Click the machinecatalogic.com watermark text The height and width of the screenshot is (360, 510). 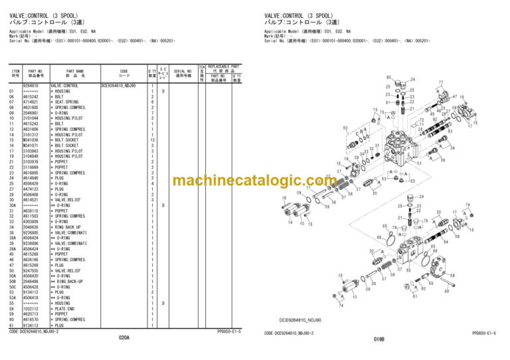[x=254, y=181]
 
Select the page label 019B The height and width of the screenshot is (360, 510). [x=379, y=339]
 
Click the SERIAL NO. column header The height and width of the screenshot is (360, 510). [x=183, y=73]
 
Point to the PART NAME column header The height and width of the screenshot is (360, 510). [x=75, y=73]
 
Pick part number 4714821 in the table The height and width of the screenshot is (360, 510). [x=31, y=102]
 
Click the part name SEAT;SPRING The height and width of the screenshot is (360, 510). [x=68, y=102]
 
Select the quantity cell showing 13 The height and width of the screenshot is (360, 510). [x=152, y=140]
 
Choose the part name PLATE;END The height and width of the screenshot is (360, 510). [x=66, y=309]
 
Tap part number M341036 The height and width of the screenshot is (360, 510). [x=31, y=140]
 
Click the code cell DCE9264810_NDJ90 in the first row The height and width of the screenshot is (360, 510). [x=119, y=86]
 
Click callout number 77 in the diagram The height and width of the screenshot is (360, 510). [x=440, y=84]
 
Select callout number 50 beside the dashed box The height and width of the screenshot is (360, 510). [x=345, y=128]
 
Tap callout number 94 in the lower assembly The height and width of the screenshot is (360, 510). [x=446, y=242]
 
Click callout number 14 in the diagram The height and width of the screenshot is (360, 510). [x=290, y=223]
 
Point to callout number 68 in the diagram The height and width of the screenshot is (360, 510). [x=446, y=290]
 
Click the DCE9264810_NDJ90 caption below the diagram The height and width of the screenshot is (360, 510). [x=300, y=319]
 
